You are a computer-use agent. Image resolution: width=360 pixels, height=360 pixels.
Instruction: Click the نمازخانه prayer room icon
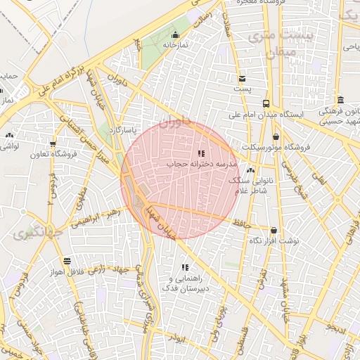pos(175,35)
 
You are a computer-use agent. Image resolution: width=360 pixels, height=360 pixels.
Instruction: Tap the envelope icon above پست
pos(242,79)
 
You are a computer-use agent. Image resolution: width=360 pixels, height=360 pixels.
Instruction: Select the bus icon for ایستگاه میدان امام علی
pos(265,103)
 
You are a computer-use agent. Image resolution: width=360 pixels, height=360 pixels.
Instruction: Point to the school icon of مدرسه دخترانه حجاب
pos(201,153)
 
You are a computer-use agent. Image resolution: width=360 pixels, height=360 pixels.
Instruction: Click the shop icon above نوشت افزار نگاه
pos(274,230)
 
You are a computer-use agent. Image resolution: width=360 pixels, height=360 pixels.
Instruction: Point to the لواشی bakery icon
pos(9,136)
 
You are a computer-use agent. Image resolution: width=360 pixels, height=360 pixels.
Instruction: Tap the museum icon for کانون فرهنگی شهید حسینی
pos(340,99)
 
